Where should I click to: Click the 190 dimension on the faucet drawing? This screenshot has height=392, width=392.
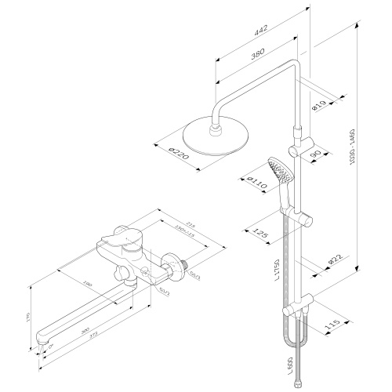pyautogui.click(x=87, y=283)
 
